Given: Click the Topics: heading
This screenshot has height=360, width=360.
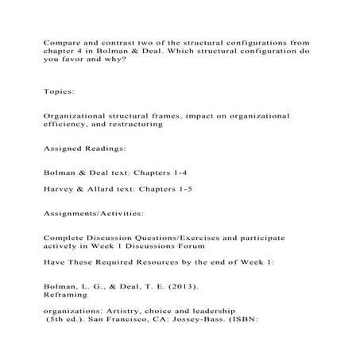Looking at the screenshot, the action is point(63,93).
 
